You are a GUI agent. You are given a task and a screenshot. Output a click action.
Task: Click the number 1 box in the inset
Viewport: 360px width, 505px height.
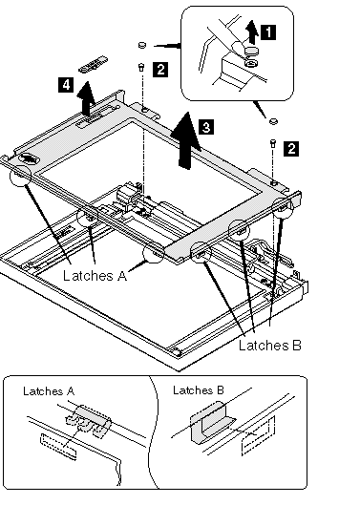(x=268, y=32)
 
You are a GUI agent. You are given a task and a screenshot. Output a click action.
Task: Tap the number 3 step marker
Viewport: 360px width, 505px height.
(x=206, y=127)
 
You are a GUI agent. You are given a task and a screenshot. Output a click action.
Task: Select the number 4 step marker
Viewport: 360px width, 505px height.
(x=66, y=85)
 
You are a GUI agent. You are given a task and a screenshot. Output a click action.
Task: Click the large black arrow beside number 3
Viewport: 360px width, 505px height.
(x=186, y=140)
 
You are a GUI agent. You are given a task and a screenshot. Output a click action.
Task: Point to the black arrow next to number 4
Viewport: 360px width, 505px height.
(x=86, y=98)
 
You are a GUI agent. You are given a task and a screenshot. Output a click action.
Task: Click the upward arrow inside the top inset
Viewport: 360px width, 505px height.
(x=252, y=32)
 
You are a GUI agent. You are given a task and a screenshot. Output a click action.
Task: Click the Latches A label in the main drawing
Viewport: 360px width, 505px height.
(x=95, y=276)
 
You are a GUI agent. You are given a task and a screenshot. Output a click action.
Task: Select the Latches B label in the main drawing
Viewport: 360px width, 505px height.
(x=270, y=346)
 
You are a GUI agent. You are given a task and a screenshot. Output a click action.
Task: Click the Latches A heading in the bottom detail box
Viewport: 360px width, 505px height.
(x=49, y=391)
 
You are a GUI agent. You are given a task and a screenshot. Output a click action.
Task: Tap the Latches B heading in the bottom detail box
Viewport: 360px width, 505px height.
(x=199, y=390)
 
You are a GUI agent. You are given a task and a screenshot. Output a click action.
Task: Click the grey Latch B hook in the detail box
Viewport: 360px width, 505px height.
(x=209, y=422)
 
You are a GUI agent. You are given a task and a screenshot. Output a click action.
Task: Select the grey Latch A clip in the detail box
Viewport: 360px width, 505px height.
(x=89, y=420)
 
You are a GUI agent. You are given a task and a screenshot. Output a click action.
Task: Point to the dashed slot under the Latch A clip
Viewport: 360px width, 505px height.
(x=58, y=446)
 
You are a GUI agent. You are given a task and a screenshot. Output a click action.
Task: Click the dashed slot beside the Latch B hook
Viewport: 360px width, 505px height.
(x=258, y=435)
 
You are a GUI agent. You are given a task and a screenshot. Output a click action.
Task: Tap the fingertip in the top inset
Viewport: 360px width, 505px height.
(x=239, y=49)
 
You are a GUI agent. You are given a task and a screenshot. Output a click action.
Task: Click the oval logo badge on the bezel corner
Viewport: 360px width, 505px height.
(x=29, y=158)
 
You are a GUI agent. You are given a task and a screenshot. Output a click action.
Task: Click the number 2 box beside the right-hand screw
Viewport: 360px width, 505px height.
(x=291, y=149)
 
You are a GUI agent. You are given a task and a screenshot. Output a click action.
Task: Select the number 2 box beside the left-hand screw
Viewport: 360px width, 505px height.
(x=160, y=69)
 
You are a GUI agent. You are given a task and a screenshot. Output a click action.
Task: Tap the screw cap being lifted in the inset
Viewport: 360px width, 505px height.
(x=252, y=51)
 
